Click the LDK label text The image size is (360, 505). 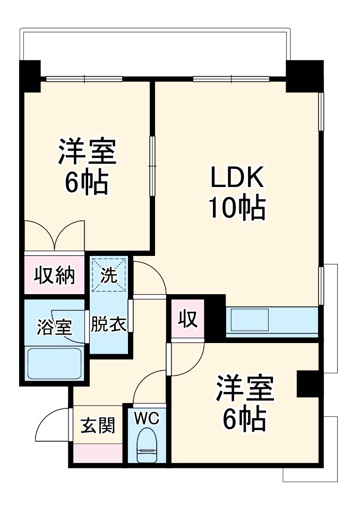[x=237, y=177]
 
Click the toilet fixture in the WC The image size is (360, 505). [x=147, y=446]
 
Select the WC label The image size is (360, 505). [x=147, y=418]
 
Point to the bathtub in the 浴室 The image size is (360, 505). [x=54, y=363]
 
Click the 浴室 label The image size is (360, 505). [x=54, y=327]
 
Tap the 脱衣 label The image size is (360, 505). [x=108, y=324]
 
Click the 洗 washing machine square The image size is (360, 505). [x=108, y=275]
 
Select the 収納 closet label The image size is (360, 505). [x=55, y=276]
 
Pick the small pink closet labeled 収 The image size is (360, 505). [x=188, y=319]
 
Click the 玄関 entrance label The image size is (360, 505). [x=98, y=425]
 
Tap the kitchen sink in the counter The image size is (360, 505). [x=250, y=320]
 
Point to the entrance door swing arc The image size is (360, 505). [x=45, y=418]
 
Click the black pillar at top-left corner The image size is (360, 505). [x=30, y=76]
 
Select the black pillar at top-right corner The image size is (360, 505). [x=305, y=76]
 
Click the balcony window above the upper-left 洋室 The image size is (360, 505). [x=84, y=79]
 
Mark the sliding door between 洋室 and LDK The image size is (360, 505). [x=152, y=166]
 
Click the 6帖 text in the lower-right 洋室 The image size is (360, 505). [x=244, y=420]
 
